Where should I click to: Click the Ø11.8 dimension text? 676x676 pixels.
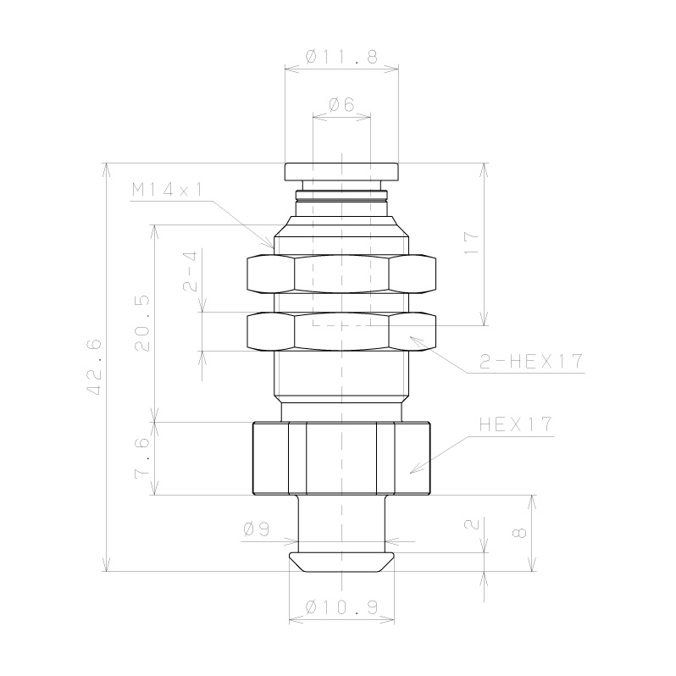coord(341,58)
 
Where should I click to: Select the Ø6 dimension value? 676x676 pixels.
coord(341,105)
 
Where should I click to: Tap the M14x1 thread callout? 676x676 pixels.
coord(168,191)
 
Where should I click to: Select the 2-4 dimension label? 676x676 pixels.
coord(191,271)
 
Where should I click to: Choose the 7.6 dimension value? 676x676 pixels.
coord(143,458)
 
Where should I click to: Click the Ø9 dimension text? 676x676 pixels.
coord(256,529)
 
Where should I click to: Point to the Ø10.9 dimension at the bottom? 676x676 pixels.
coord(341,607)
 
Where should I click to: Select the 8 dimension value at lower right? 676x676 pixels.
coord(520,533)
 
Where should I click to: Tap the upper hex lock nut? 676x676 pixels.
coord(341,273)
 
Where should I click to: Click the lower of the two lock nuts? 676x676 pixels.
coord(341,332)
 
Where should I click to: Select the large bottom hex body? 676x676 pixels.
coord(341,457)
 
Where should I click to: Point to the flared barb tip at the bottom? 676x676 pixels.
coord(341,562)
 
